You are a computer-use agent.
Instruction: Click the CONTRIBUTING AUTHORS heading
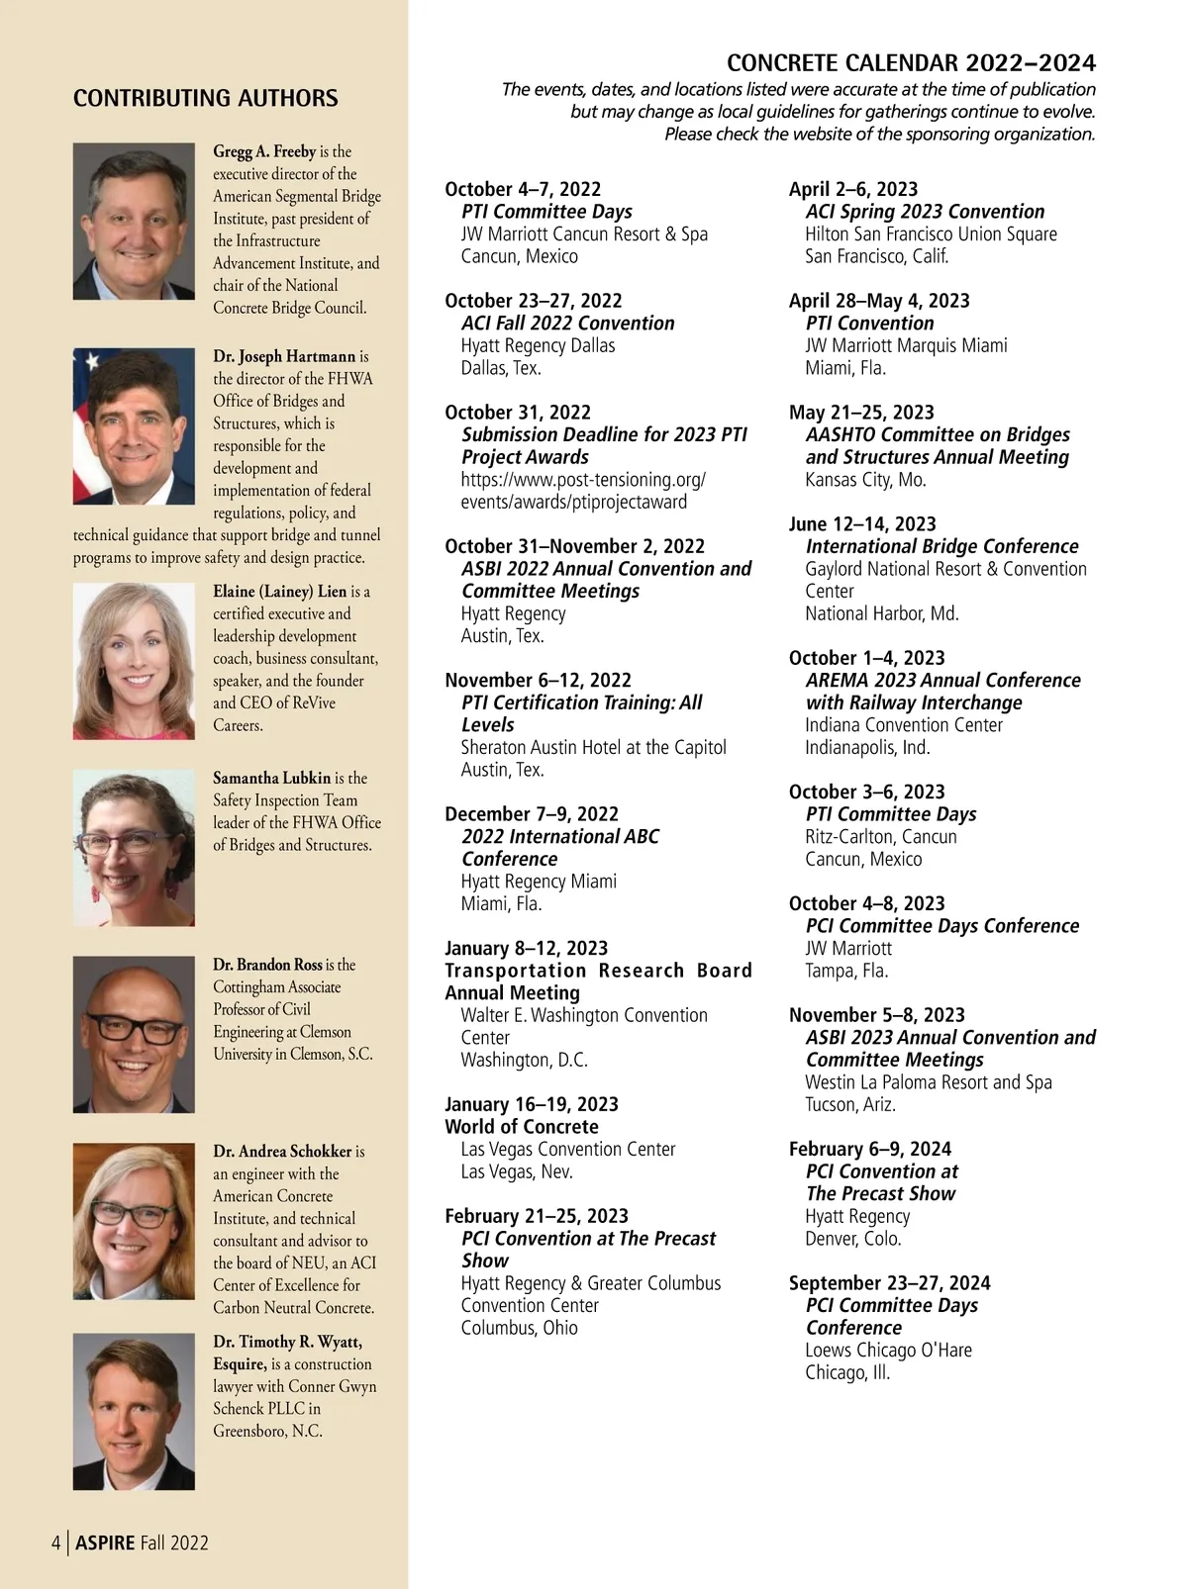(x=205, y=98)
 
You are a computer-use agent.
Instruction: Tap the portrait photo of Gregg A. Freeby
(x=134, y=221)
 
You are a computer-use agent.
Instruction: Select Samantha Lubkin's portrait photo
(x=134, y=848)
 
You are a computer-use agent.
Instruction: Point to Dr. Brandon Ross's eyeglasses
(x=134, y=1030)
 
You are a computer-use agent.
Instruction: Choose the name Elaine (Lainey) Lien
(x=280, y=592)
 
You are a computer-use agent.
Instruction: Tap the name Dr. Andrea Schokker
(x=282, y=1152)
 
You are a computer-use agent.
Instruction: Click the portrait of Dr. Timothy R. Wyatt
(x=134, y=1411)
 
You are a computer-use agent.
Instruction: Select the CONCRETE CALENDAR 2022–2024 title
(x=911, y=63)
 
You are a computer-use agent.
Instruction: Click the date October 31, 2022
(x=518, y=413)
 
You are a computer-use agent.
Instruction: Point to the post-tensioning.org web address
(x=583, y=491)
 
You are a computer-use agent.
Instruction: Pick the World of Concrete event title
(x=522, y=1127)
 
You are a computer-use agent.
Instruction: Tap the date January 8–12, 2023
(x=527, y=949)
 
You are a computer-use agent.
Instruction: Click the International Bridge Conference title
(x=941, y=546)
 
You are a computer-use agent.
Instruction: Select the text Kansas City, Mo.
(x=865, y=480)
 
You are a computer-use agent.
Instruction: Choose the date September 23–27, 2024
(x=889, y=1283)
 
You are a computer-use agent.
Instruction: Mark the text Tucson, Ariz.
(x=849, y=1104)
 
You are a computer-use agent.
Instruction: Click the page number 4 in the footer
(x=56, y=1542)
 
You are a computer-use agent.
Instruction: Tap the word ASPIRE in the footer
(x=105, y=1542)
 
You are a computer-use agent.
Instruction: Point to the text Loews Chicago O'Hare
(x=888, y=1351)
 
